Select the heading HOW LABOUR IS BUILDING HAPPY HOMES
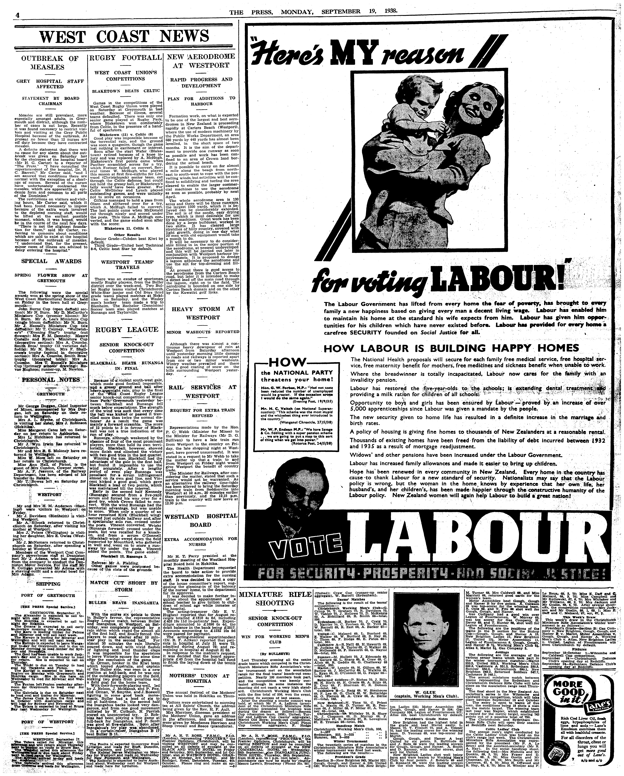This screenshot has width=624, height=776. (451, 348)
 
